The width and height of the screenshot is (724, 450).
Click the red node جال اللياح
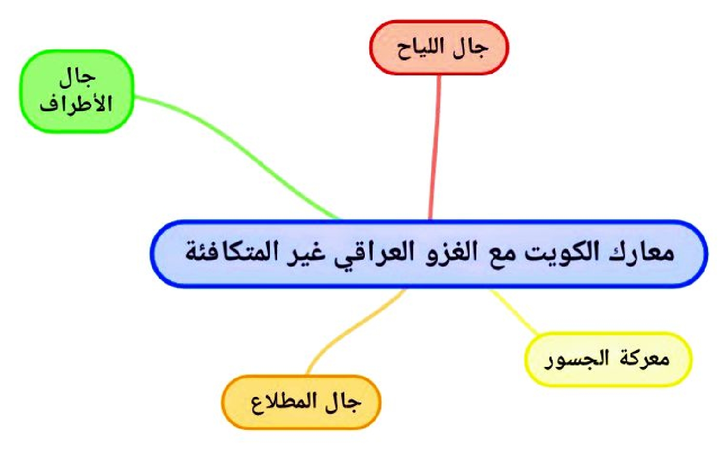point(439,47)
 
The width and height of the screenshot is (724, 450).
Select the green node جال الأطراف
point(77,91)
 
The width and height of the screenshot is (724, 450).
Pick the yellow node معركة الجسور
point(608,359)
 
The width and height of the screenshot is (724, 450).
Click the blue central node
point(429,254)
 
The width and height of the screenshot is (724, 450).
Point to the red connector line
point(435,148)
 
